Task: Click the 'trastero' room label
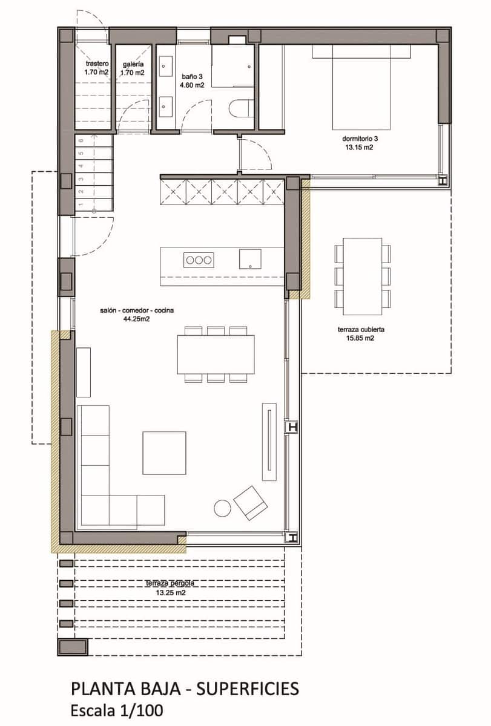click(x=96, y=64)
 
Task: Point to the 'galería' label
click(x=133, y=64)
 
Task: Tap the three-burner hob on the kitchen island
click(x=199, y=260)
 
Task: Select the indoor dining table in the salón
click(x=216, y=354)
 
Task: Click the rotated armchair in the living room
click(x=251, y=502)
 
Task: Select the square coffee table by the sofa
click(x=164, y=453)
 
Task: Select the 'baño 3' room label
click(x=191, y=77)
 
